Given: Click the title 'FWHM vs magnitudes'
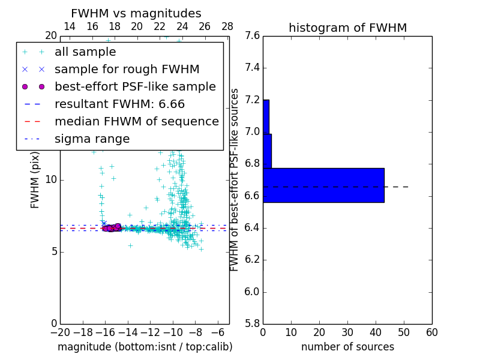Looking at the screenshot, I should click(x=136, y=13).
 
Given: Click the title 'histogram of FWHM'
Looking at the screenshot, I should click(x=347, y=28).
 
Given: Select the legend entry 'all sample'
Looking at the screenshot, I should click(x=85, y=52).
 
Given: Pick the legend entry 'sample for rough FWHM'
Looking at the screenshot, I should click(x=127, y=69).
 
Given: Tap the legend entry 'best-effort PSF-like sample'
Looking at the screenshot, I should click(x=135, y=86).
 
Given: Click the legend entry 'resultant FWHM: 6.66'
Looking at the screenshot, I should click(x=119, y=104).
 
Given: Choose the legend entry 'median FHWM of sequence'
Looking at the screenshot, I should click(x=136, y=121).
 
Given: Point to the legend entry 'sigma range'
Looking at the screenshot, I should click(x=92, y=139).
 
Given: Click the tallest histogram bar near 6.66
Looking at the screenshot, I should click(x=323, y=185).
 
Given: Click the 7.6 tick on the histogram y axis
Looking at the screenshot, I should click(x=252, y=36).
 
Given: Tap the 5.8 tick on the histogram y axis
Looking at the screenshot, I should click(x=252, y=324).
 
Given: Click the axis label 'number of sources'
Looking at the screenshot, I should click(x=347, y=347).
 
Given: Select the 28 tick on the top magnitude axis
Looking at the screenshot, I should click(x=227, y=26).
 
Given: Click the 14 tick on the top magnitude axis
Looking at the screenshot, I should click(x=70, y=26).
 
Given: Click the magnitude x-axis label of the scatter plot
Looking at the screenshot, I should click(x=145, y=347).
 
